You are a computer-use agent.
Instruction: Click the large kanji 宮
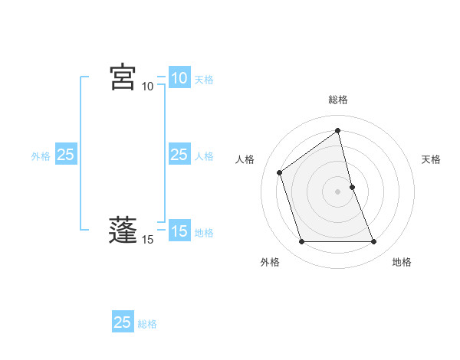click(123, 77)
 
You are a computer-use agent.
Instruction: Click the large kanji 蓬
click(123, 231)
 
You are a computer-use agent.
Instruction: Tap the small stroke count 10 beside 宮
click(148, 87)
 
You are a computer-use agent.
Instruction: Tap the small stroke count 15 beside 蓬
click(148, 240)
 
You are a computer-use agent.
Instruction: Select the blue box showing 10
click(179, 78)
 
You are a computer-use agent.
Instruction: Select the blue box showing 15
click(179, 231)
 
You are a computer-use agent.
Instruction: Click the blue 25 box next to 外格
click(65, 155)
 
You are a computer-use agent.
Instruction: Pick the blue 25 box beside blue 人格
click(179, 155)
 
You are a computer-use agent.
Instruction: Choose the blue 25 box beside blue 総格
click(123, 322)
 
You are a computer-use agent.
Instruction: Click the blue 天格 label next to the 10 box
click(204, 80)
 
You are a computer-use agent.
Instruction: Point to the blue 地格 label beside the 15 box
click(204, 233)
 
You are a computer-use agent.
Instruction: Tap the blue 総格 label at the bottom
click(147, 324)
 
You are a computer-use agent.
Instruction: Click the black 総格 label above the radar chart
click(338, 100)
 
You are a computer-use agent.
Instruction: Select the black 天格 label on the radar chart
click(432, 159)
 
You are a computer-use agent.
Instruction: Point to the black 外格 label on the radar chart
click(270, 262)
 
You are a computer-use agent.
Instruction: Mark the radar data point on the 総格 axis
click(338, 130)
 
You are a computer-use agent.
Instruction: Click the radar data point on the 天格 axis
click(352, 187)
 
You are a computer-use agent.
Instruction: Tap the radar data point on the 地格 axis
click(374, 242)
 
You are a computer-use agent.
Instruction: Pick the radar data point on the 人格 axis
click(280, 172)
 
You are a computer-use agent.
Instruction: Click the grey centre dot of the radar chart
click(338, 191)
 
